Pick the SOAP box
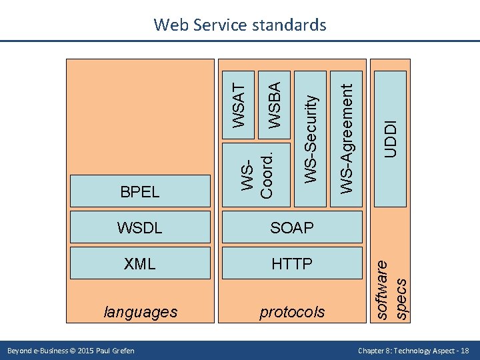click(292, 227)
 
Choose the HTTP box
click(292, 263)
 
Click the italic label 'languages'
click(141, 311)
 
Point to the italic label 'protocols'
click(292, 311)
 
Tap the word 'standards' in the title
click(291, 25)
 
